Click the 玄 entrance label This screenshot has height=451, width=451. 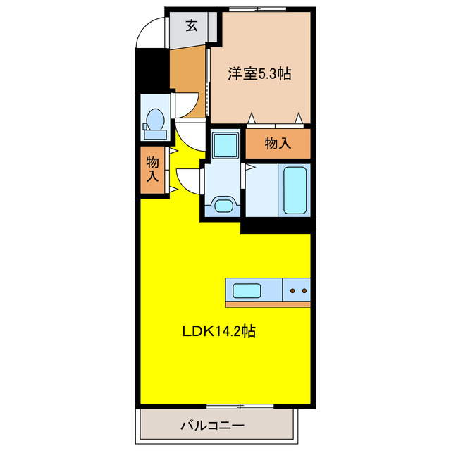(191, 27)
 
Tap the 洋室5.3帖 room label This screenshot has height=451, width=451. (259, 73)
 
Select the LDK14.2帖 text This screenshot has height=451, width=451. (220, 331)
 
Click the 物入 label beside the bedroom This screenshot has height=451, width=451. (278, 144)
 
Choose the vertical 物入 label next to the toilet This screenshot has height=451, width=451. (152, 170)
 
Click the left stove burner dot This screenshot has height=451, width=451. (292, 290)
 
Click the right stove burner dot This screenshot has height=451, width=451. (304, 290)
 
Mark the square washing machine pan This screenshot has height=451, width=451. (226, 146)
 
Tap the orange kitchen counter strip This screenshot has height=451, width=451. (268, 304)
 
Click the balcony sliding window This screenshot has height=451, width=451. (240, 407)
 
